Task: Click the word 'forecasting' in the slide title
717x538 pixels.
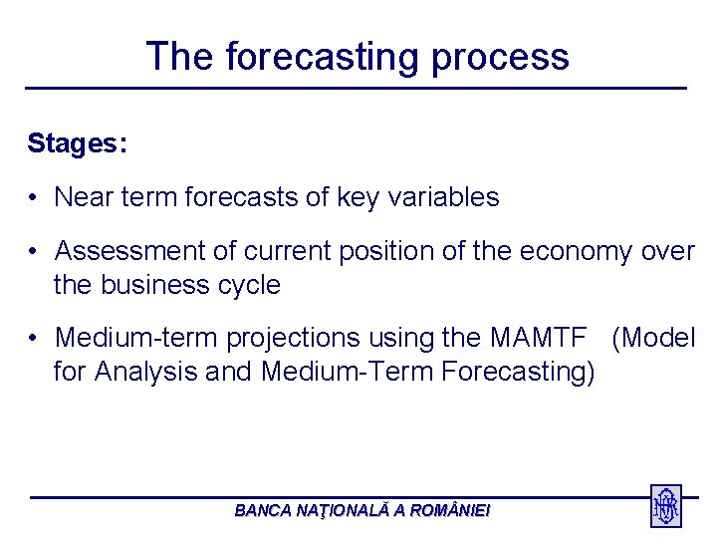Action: click(322, 57)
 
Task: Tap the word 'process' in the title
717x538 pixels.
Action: click(500, 61)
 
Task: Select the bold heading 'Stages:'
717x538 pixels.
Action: click(78, 144)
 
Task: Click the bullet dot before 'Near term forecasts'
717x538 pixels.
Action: click(33, 197)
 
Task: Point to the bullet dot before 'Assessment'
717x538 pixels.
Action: click(33, 251)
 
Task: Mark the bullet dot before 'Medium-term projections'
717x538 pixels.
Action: click(33, 338)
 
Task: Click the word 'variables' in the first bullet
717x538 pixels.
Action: click(443, 197)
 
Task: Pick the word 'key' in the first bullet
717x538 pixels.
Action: click(358, 198)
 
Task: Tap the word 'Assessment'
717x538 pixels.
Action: click(129, 251)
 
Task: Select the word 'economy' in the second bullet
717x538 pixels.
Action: click(577, 253)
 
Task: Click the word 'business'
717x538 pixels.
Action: click(154, 285)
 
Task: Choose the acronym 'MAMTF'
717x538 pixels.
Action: click(539, 338)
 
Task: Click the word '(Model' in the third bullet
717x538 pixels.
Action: click(653, 339)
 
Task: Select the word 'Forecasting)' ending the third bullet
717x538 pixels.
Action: click(518, 372)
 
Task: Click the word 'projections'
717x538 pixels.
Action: click(294, 340)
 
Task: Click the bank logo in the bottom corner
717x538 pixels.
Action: click(666, 505)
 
